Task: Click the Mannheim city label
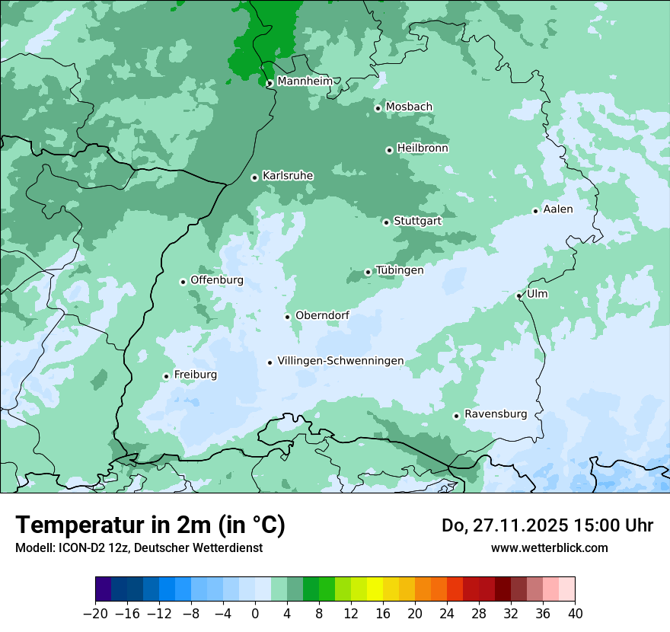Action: (x=305, y=81)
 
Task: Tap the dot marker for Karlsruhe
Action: (x=255, y=177)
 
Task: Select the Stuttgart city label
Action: (x=417, y=221)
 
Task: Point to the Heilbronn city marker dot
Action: (x=389, y=150)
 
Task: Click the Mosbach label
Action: (x=409, y=107)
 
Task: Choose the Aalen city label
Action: (x=557, y=209)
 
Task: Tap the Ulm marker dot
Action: (x=519, y=295)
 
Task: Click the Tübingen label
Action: (x=399, y=270)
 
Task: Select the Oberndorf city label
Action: (x=322, y=315)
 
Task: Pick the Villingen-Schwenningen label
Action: (x=340, y=361)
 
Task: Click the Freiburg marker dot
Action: (x=166, y=376)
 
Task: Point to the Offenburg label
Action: (x=217, y=280)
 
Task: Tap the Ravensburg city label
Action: (x=496, y=414)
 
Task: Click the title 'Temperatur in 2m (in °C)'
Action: (x=150, y=525)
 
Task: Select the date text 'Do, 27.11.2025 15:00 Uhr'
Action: (x=547, y=525)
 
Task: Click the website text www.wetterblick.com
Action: (x=549, y=547)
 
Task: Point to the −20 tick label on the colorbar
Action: (x=95, y=614)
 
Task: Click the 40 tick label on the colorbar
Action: (x=575, y=614)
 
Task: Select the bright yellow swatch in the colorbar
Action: (x=375, y=589)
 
